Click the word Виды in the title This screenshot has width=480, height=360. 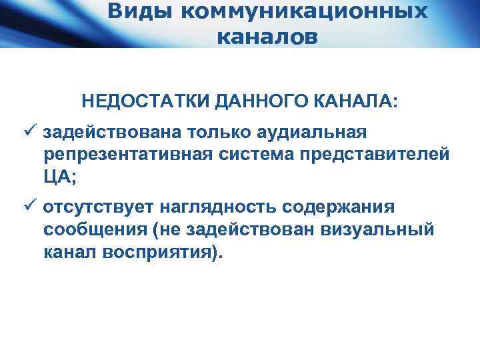pyautogui.click(x=135, y=11)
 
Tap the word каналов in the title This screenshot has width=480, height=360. pyautogui.click(x=267, y=37)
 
